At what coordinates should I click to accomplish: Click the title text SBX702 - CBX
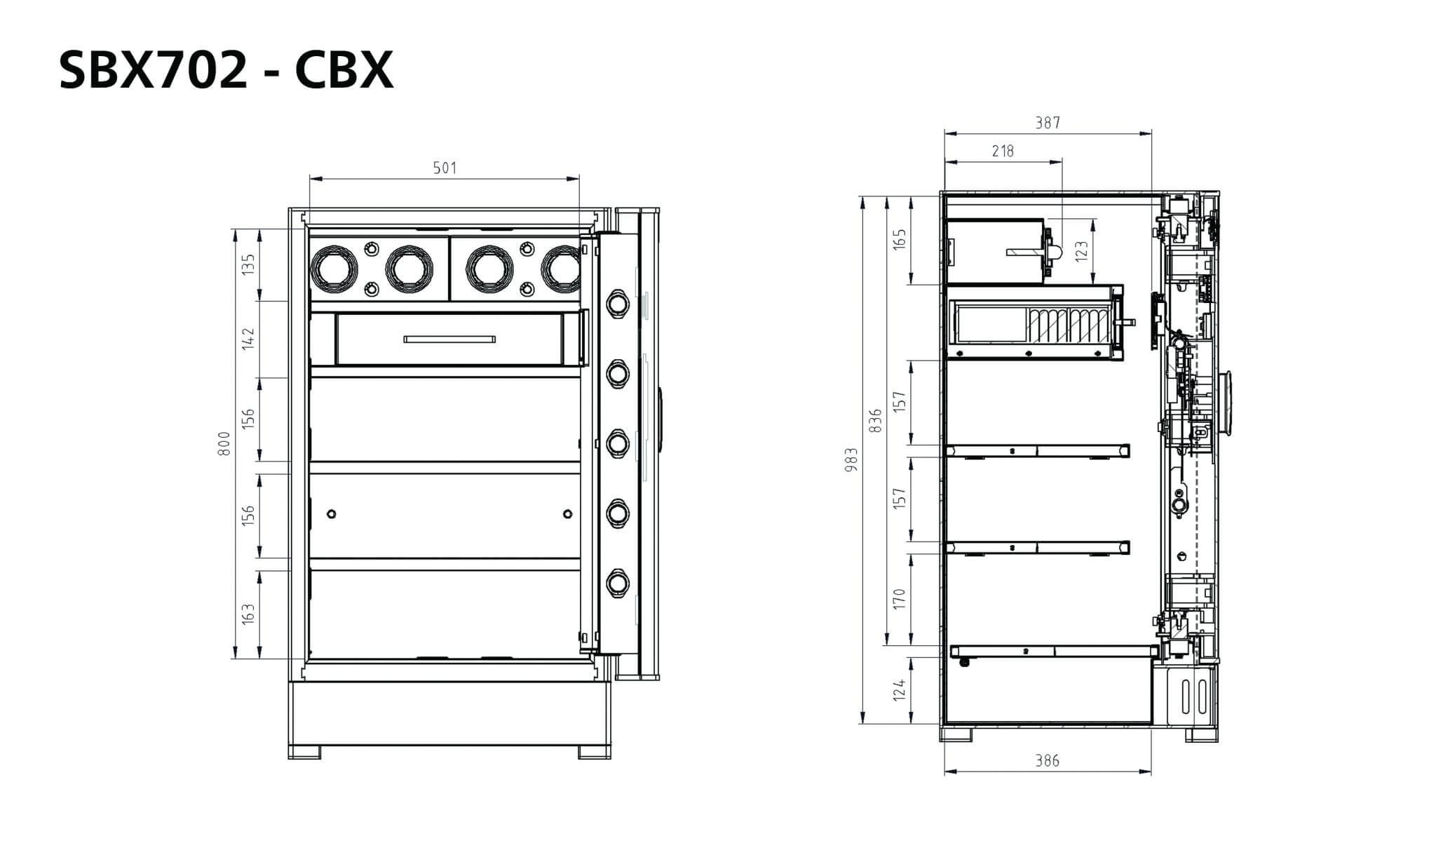[226, 70]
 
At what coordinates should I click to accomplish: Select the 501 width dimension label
[445, 168]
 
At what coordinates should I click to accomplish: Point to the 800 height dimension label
[224, 444]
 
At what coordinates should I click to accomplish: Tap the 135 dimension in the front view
[248, 265]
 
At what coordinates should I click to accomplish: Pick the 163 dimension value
[248, 614]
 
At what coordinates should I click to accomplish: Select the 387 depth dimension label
[1048, 123]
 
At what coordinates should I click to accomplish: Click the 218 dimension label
[1003, 151]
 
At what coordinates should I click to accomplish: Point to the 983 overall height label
[851, 459]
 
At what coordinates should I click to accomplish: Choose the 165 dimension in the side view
[900, 238]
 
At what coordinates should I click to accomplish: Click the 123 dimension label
[1081, 251]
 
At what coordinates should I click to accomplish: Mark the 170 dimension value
[900, 600]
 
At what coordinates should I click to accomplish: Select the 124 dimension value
[900, 689]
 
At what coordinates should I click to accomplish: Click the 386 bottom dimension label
[1048, 760]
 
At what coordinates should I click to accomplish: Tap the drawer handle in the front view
[449, 339]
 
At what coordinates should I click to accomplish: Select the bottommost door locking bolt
[617, 583]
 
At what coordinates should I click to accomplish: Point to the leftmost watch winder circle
[334, 267]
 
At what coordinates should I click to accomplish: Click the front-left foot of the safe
[304, 752]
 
